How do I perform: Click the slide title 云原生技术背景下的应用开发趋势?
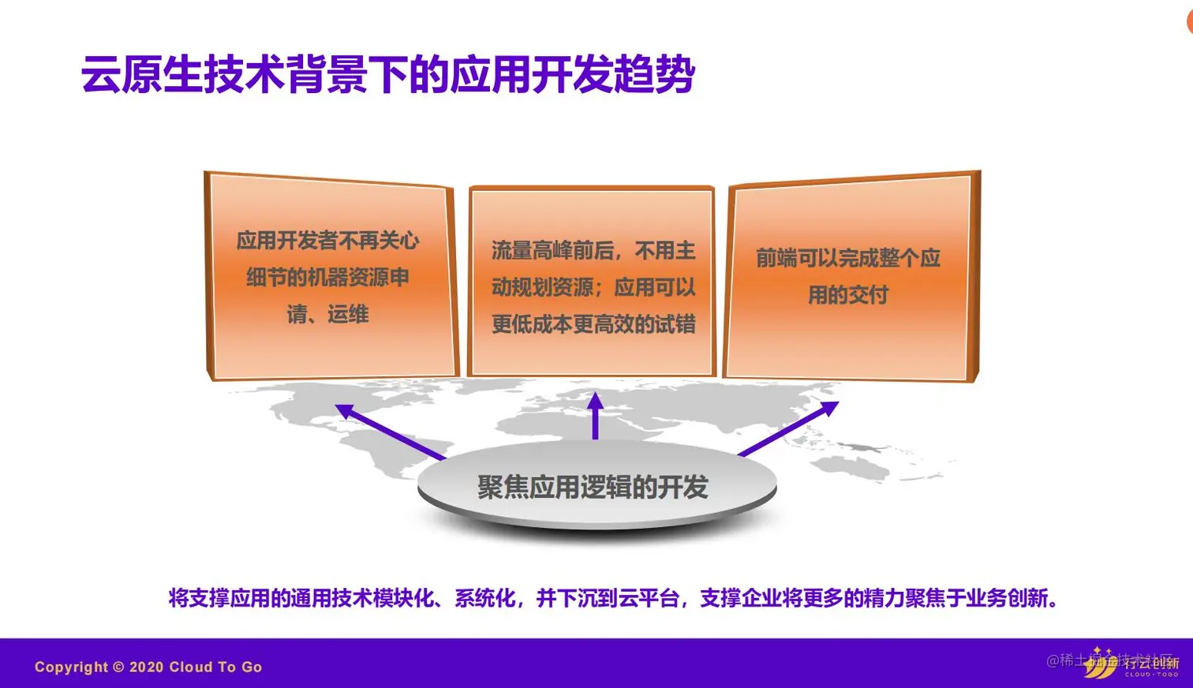pos(387,76)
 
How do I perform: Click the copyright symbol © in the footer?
pos(118,667)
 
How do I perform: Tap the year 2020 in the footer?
pos(146,667)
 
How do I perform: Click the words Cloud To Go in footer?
pos(215,667)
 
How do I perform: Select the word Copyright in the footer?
pos(71,667)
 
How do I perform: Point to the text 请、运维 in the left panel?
pos(327,315)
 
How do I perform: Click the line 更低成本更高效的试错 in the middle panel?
pos(593,324)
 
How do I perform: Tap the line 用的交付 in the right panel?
pos(848,295)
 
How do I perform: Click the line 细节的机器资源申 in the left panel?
pos(327,278)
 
